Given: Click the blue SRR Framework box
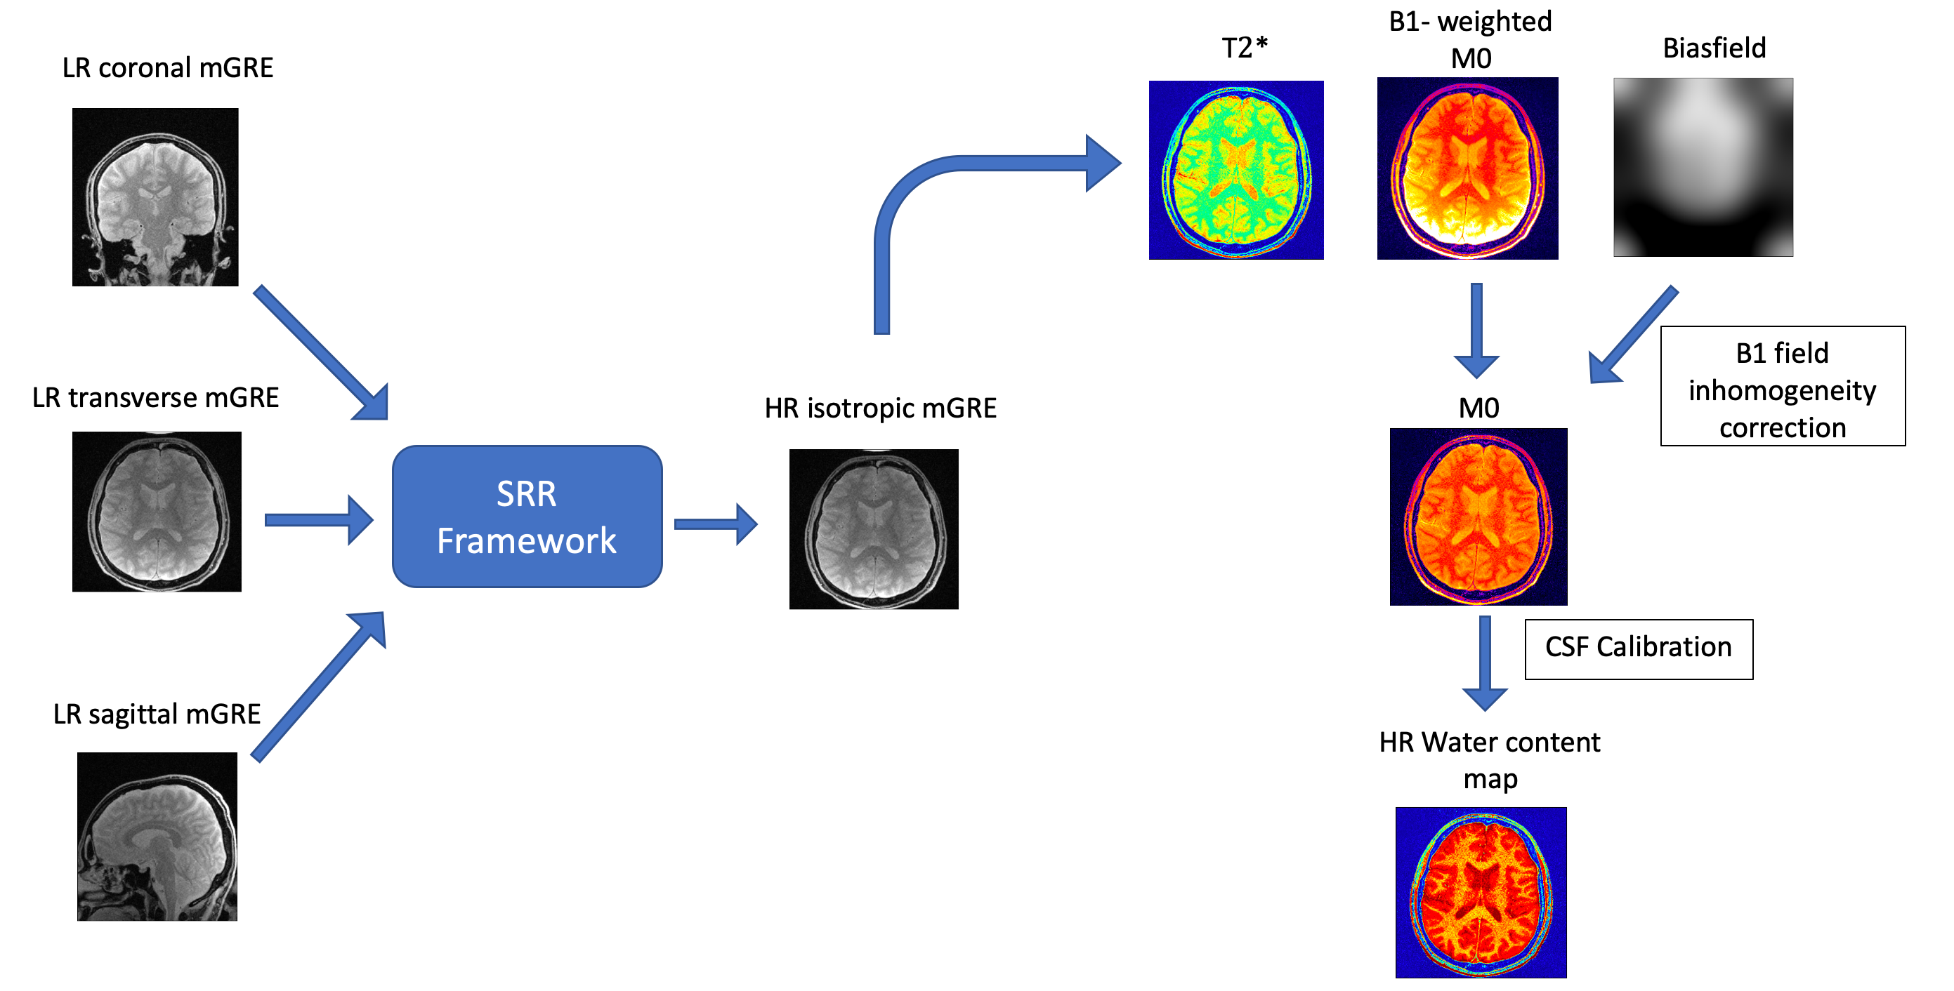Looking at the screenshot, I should click(x=526, y=517).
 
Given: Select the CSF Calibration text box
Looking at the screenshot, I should click(x=1638, y=649).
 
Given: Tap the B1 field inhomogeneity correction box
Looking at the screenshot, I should click(x=1782, y=386).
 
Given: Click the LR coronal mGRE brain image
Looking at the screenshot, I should click(x=155, y=197).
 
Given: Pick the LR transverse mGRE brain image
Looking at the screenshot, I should click(x=156, y=511).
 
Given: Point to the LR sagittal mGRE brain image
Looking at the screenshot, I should click(x=157, y=836).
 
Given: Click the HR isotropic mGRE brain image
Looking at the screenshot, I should click(x=873, y=528).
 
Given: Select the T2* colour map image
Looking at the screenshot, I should click(x=1235, y=170).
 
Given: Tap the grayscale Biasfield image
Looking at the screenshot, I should click(x=1703, y=167).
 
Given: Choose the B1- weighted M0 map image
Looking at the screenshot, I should click(x=1467, y=168).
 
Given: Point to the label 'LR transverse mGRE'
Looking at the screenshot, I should click(x=155, y=398).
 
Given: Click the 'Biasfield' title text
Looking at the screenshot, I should click(x=1714, y=48).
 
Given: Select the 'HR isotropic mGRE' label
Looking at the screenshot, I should click(x=880, y=408).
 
